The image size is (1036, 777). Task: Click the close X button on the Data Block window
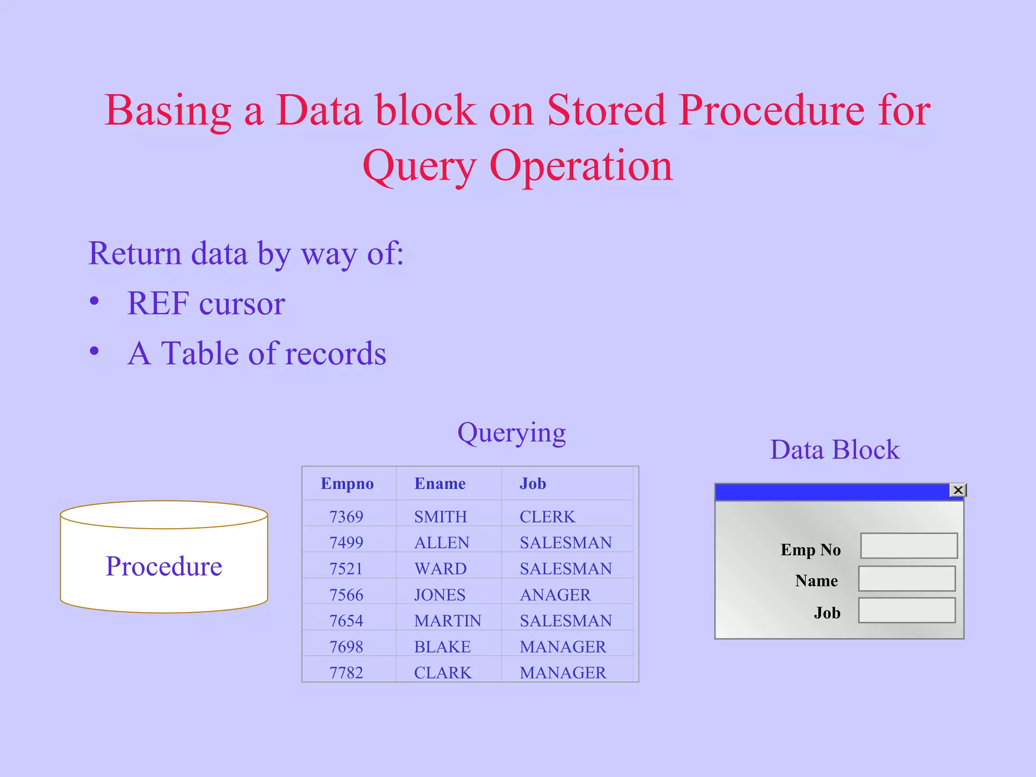958,490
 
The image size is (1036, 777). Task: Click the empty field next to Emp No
909,546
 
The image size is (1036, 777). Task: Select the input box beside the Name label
906,579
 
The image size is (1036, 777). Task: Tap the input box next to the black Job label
906,611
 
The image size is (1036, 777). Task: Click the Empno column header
347,484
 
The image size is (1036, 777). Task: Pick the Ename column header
440,484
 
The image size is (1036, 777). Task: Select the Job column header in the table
533,484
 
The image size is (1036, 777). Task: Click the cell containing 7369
346,516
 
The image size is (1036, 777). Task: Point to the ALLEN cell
442,543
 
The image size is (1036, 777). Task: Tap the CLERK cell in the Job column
547,516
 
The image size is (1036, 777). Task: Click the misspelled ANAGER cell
555,595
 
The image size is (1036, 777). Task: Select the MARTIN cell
448,621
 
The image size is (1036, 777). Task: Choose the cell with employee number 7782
346,673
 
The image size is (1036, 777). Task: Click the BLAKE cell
442,647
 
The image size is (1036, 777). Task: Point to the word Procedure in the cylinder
164,566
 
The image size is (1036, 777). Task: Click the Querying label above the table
511,434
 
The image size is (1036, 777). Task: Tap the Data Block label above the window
835,450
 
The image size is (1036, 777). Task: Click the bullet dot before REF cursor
94,301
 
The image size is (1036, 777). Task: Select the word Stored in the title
606,110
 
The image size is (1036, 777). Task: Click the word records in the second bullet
335,353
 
